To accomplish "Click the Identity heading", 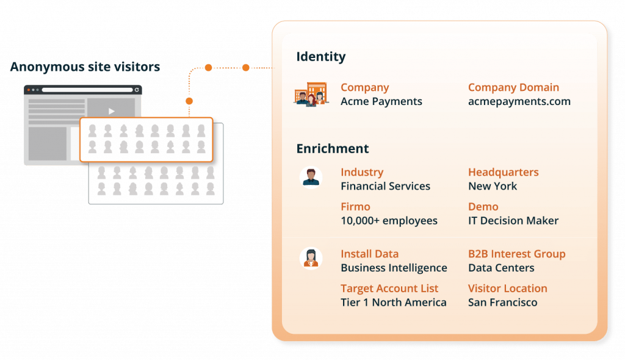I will coord(321,57).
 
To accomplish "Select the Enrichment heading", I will coord(333,148).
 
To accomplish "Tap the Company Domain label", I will coord(513,87).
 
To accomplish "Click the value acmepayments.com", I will coord(519,101).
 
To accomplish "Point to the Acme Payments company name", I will coord(381,101).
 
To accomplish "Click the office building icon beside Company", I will coord(311,94).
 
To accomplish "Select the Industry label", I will coord(362,172).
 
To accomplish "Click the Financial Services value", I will coord(385,186).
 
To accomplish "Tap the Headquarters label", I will coord(503,172).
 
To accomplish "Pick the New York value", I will coord(492,186).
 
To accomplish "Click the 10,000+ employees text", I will coord(389,220).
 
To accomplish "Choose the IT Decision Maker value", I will coord(513,220).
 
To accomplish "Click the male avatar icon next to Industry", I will coord(311,178).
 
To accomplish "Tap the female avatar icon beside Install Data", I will coord(311,257).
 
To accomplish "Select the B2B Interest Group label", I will coord(516,254).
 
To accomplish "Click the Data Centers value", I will coord(500,268).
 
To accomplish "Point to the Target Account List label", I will coord(389,288).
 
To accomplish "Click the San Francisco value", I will coord(502,302).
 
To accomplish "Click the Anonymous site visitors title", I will coord(85,67).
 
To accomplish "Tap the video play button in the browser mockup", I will coord(111,111).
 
